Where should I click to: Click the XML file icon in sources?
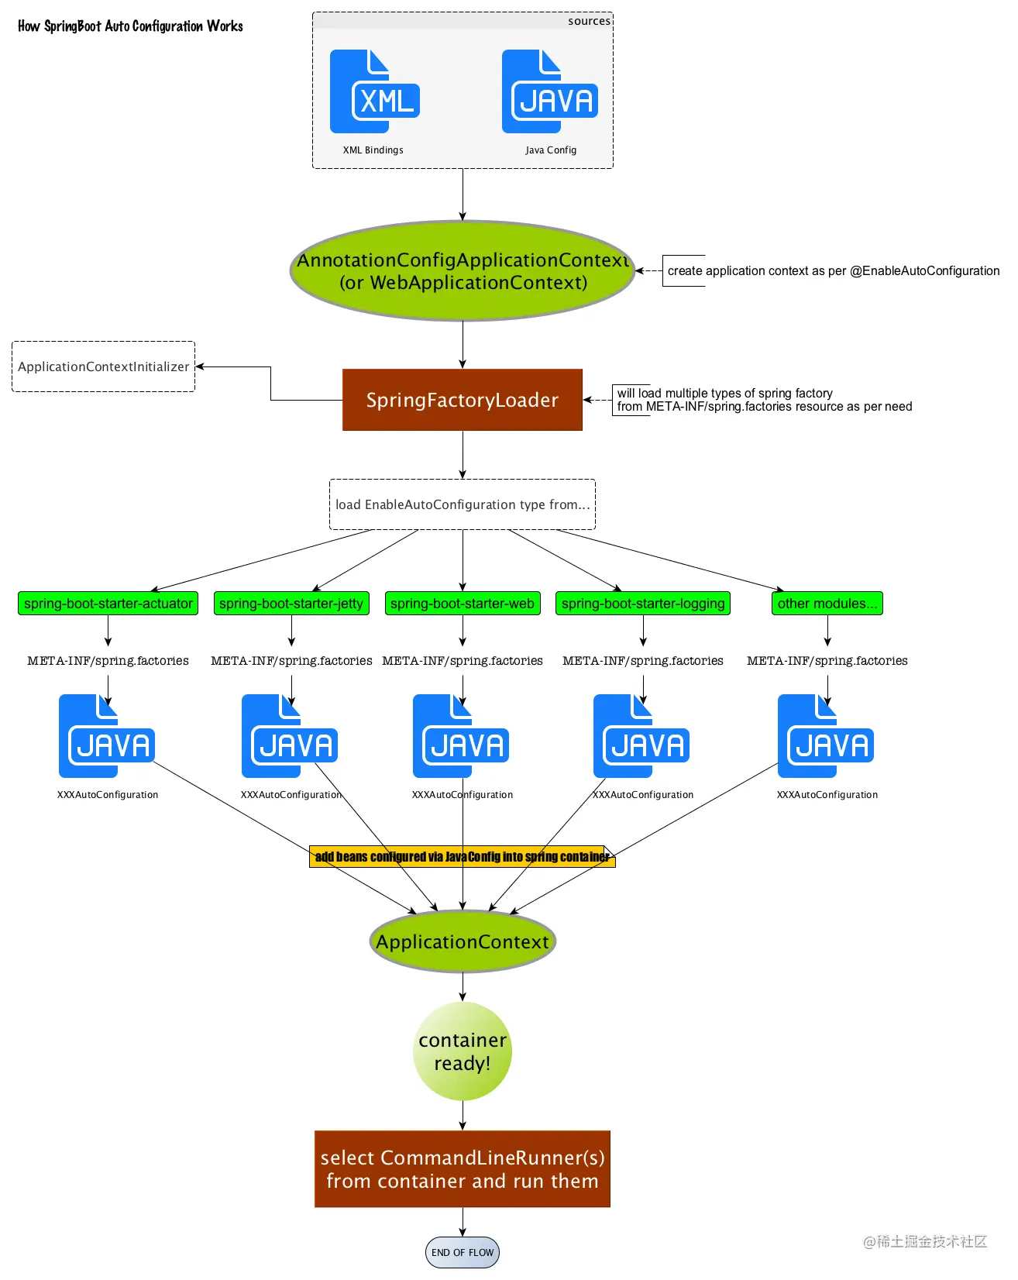(x=373, y=92)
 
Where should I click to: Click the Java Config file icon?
(x=549, y=92)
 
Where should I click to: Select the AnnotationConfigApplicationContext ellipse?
(x=463, y=271)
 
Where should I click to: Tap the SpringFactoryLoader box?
(x=463, y=400)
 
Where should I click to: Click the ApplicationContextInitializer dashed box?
(x=103, y=366)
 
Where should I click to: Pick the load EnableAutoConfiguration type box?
(x=463, y=504)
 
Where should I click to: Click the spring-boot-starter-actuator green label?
(x=108, y=604)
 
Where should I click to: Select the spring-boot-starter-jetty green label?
(x=291, y=604)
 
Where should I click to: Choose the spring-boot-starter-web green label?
(x=463, y=604)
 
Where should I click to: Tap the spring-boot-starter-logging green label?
(x=643, y=604)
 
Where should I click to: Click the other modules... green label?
(x=827, y=604)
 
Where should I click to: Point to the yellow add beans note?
(x=463, y=857)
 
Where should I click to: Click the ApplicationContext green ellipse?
(x=463, y=942)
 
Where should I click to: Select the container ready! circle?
(x=463, y=1051)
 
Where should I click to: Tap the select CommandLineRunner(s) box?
(x=463, y=1169)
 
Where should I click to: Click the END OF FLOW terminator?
(x=463, y=1252)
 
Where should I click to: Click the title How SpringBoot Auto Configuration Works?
(x=130, y=26)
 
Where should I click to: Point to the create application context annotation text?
(x=833, y=271)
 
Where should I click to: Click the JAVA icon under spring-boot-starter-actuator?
(x=107, y=737)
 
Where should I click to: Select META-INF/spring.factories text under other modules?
(x=827, y=661)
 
